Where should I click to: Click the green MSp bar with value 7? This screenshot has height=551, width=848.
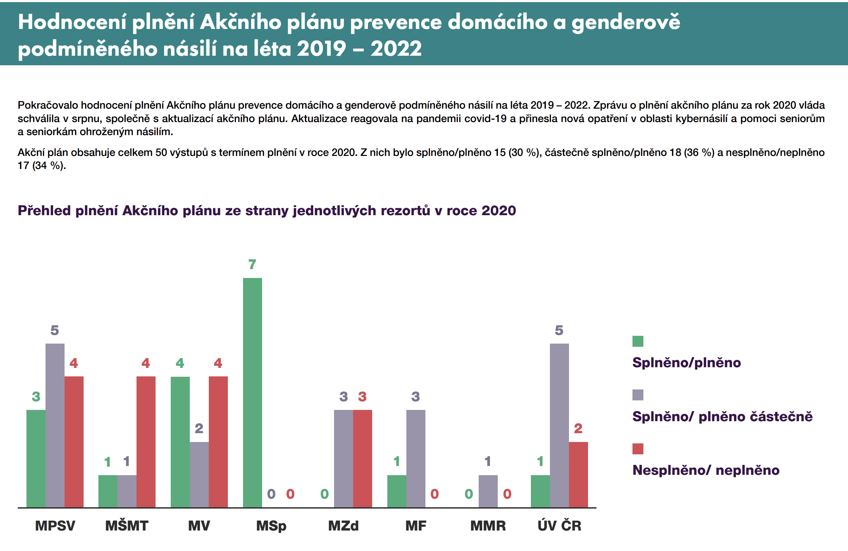(x=252, y=392)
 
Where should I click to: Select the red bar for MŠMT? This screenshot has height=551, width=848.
(x=146, y=442)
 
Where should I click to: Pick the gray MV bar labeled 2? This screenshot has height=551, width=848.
(x=199, y=474)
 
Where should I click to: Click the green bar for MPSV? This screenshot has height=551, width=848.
(x=36, y=458)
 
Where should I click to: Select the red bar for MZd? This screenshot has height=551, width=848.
(x=362, y=458)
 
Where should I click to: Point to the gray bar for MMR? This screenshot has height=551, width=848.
(x=488, y=491)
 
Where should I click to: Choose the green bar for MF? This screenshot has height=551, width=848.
(x=396, y=491)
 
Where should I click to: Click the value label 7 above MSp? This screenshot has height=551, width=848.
(x=252, y=265)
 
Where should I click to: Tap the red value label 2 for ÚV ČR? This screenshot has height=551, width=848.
(x=578, y=428)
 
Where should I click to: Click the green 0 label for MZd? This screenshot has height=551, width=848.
(x=324, y=494)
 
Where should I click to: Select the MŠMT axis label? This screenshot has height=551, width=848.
(x=127, y=526)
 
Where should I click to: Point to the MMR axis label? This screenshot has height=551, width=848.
(x=488, y=526)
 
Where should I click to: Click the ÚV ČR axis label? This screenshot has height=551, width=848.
(x=559, y=525)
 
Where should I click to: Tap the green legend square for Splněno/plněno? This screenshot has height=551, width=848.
(x=638, y=341)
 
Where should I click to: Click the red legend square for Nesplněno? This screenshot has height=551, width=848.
(x=638, y=449)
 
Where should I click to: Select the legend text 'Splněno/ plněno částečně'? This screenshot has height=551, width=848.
(x=722, y=416)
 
